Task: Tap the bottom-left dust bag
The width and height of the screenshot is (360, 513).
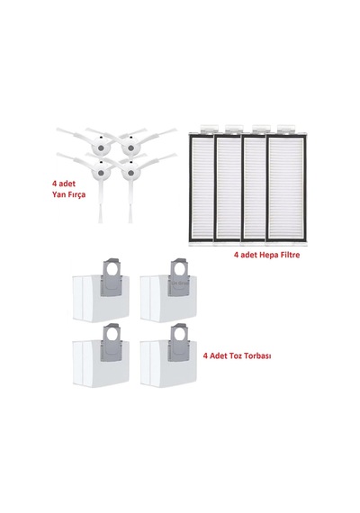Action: tap(101, 356)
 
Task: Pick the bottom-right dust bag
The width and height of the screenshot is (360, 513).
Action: tap(168, 356)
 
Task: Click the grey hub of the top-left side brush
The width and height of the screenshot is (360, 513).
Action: tap(101, 148)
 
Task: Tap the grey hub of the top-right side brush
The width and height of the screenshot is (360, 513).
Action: tap(130, 148)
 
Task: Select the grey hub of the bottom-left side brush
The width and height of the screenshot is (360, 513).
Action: tap(101, 173)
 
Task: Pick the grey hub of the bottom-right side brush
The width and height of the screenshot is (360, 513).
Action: tap(130, 173)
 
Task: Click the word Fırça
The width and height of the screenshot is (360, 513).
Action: tap(76, 194)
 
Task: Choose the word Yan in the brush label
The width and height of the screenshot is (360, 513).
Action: tap(58, 194)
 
